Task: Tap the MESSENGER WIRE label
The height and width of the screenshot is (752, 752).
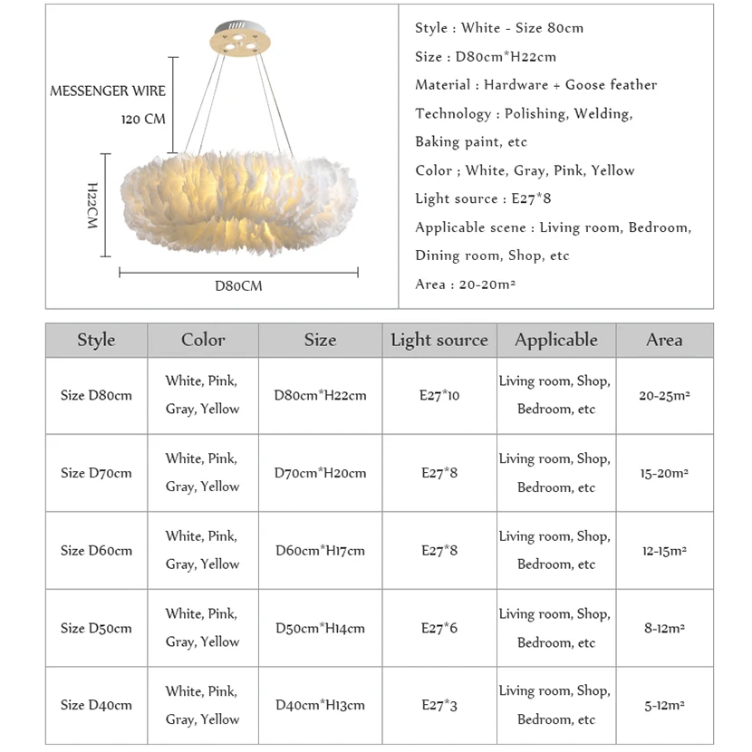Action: pyautogui.click(x=108, y=92)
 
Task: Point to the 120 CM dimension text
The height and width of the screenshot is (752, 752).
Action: pyautogui.click(x=143, y=120)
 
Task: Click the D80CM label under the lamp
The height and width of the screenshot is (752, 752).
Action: pyautogui.click(x=238, y=286)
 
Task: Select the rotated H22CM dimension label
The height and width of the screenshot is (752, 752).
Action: pyautogui.click(x=92, y=205)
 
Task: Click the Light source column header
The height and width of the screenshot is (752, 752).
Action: pyautogui.click(x=439, y=341)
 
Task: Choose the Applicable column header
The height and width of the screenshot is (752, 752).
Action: pyautogui.click(x=556, y=341)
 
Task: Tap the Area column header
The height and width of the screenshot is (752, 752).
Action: pyautogui.click(x=664, y=341)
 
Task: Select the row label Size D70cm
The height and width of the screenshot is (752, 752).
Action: pyautogui.click(x=96, y=473)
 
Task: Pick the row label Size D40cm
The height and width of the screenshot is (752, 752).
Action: pyautogui.click(x=96, y=705)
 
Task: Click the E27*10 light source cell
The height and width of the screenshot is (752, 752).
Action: pyautogui.click(x=439, y=396)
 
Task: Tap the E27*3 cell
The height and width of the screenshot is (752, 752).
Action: pyautogui.click(x=439, y=705)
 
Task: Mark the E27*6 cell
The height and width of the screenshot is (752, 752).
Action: pyautogui.click(x=439, y=628)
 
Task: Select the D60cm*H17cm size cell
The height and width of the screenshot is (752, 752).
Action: pyautogui.click(x=320, y=551)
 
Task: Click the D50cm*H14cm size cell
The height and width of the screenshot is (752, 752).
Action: pyautogui.click(x=320, y=628)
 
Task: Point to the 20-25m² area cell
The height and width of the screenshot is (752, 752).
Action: pyautogui.click(x=664, y=396)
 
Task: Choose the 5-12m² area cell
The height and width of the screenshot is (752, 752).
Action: pyautogui.click(x=664, y=705)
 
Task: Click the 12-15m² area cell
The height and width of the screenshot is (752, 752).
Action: pyautogui.click(x=664, y=551)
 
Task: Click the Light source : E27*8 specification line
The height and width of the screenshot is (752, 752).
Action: pyautogui.click(x=483, y=198)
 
